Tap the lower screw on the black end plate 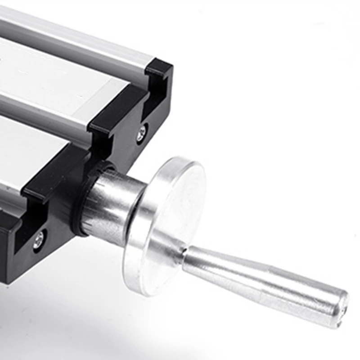click(x=39, y=239)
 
